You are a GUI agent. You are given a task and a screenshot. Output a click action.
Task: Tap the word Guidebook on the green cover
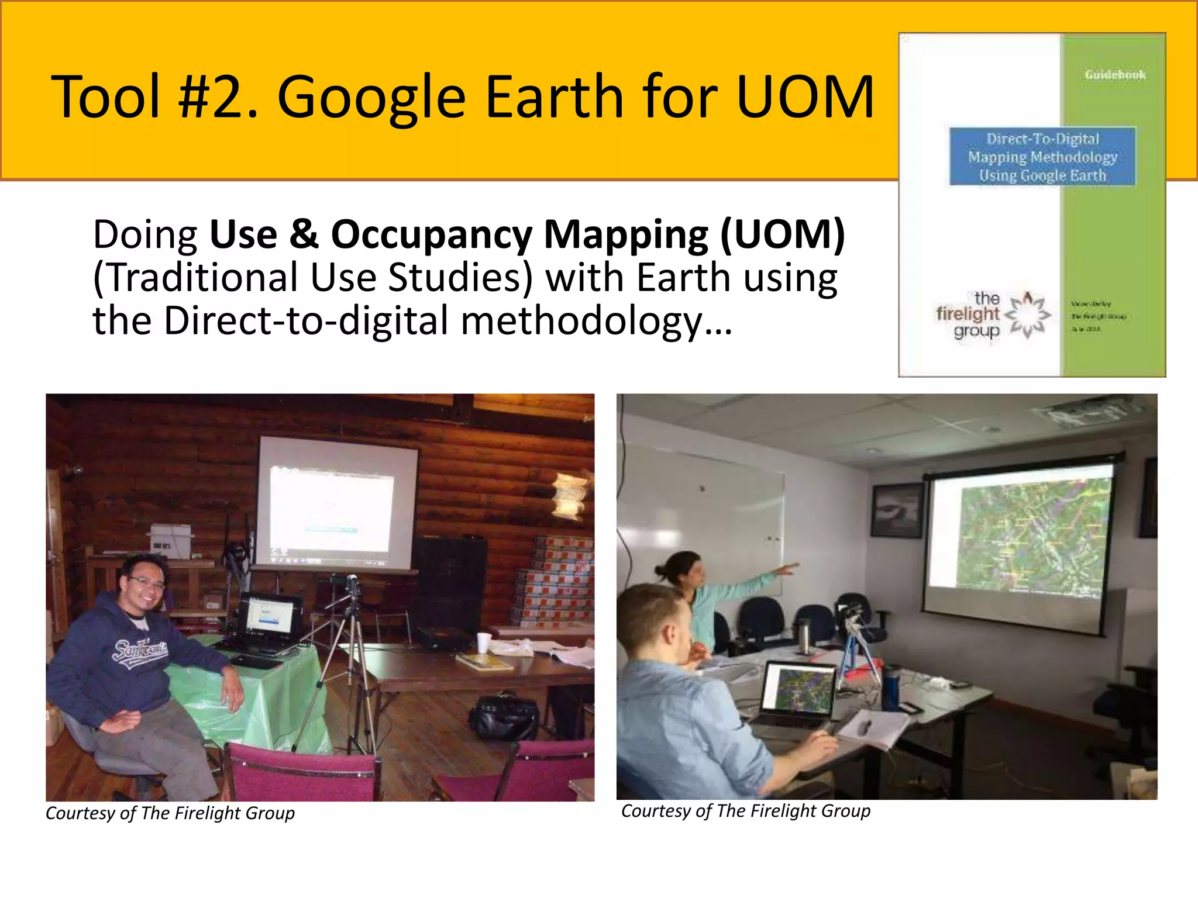pos(1115,75)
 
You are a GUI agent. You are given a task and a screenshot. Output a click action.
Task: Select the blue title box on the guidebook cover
pos(1042,157)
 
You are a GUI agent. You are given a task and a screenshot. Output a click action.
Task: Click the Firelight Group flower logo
pos(1027,316)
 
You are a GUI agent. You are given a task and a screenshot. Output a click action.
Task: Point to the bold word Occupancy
pos(431,235)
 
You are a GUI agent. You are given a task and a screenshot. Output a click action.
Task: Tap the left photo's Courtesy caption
pos(170,813)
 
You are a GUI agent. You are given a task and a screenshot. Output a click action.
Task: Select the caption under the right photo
pos(746,811)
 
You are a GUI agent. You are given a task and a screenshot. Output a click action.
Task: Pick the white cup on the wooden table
pos(483,643)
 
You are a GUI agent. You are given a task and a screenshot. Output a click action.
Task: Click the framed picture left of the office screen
pos(896,511)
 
